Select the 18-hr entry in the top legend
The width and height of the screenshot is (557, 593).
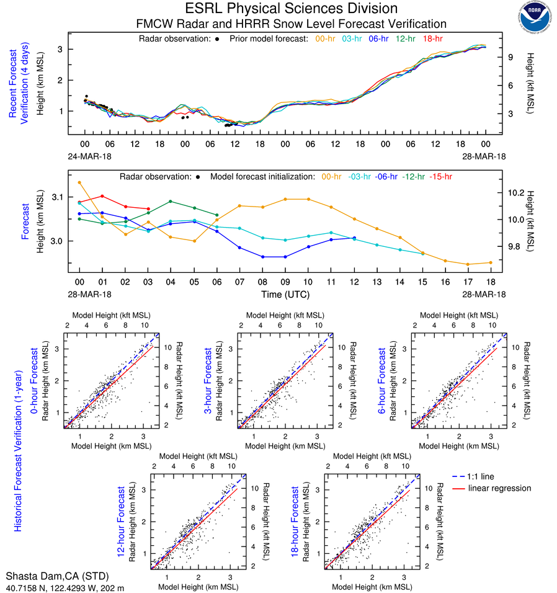[x=432, y=39]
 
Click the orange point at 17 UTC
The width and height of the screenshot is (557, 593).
[x=468, y=264]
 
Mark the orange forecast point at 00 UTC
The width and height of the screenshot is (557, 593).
[x=79, y=182]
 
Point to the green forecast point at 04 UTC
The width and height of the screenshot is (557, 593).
[x=171, y=201]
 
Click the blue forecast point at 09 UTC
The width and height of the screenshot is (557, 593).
[x=285, y=257]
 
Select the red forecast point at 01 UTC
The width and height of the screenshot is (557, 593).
[x=102, y=196]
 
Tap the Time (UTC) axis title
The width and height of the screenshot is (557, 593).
[x=285, y=295]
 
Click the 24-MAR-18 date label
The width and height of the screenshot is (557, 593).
[x=86, y=156]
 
